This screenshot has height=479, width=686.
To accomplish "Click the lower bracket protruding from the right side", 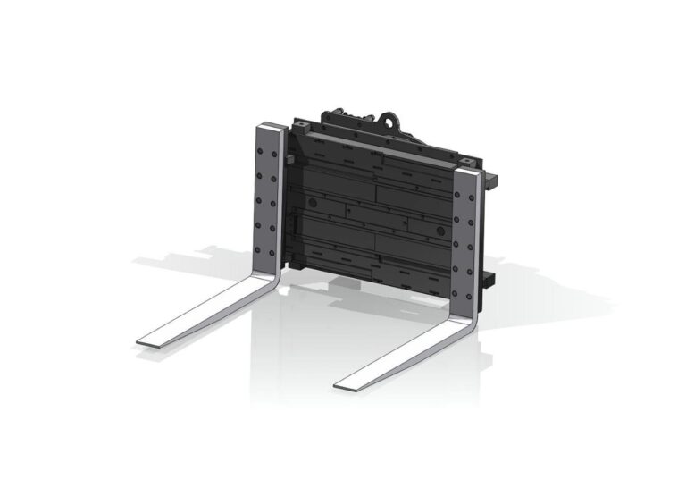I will click(x=489, y=277).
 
